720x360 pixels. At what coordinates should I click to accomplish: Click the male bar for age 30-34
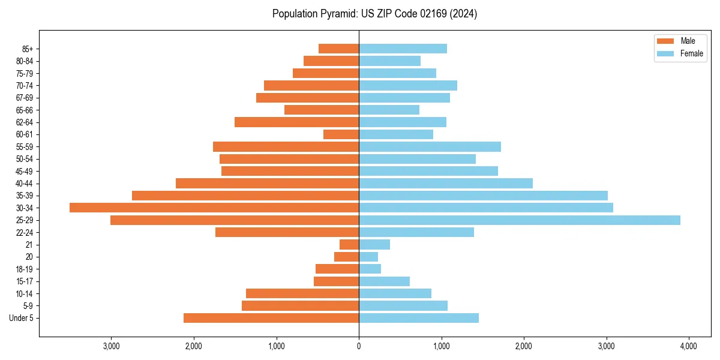pyautogui.click(x=214, y=208)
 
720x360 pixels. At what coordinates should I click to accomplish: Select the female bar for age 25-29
pyautogui.click(x=520, y=220)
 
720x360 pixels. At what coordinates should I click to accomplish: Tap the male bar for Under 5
pyautogui.click(x=271, y=318)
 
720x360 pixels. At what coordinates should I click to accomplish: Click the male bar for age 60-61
pyautogui.click(x=341, y=134)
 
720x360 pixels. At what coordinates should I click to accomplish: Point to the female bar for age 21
pyautogui.click(x=374, y=245)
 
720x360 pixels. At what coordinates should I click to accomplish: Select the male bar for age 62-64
pyautogui.click(x=296, y=122)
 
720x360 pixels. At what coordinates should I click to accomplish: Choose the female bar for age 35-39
pyautogui.click(x=483, y=196)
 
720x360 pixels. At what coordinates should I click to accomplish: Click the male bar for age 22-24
pyautogui.click(x=287, y=232)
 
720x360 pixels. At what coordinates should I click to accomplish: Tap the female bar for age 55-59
pyautogui.click(x=430, y=147)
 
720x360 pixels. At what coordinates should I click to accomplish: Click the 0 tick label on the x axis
pyautogui.click(x=359, y=346)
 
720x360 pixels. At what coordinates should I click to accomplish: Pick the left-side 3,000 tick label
pyautogui.click(x=112, y=346)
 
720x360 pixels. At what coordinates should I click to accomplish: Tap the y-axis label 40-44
pyautogui.click(x=25, y=184)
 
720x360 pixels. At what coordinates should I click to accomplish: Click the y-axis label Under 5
pyautogui.click(x=22, y=318)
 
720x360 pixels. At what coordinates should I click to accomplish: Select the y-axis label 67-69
pyautogui.click(x=25, y=98)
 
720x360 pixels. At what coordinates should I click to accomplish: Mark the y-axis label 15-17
pyautogui.click(x=25, y=281)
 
